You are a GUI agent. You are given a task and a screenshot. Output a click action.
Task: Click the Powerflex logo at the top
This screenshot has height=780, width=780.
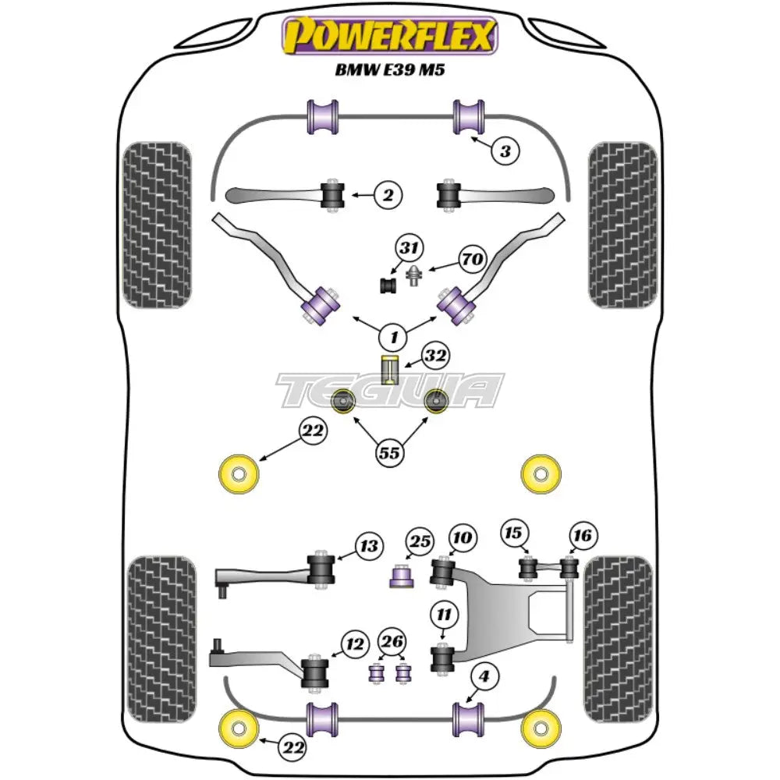click(x=389, y=35)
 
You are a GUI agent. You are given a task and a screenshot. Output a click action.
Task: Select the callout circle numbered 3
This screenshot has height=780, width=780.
click(x=505, y=152)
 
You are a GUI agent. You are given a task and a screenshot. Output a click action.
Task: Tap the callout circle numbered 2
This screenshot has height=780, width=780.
click(x=388, y=195)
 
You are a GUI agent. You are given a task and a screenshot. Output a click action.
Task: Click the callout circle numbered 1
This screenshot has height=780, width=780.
click(x=394, y=338)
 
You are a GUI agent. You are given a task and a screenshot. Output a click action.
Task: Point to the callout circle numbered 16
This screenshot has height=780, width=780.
click(x=583, y=536)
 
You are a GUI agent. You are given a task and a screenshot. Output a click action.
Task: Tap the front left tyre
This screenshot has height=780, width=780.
click(x=157, y=225)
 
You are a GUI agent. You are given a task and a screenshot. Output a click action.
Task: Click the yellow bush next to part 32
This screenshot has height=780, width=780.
click(x=389, y=368)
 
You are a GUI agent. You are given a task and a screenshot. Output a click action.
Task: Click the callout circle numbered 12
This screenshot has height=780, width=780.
click(x=355, y=645)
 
